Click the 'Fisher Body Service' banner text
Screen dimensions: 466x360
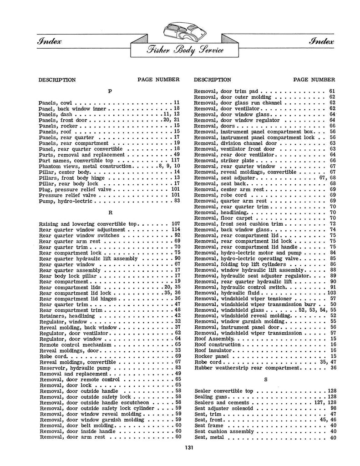coord(180,50)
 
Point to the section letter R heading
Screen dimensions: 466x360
coord(110,212)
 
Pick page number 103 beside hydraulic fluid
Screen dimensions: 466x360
coord(331,293)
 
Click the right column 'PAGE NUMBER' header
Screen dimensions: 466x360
coord(314,80)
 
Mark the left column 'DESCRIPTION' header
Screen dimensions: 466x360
coord(57,80)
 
